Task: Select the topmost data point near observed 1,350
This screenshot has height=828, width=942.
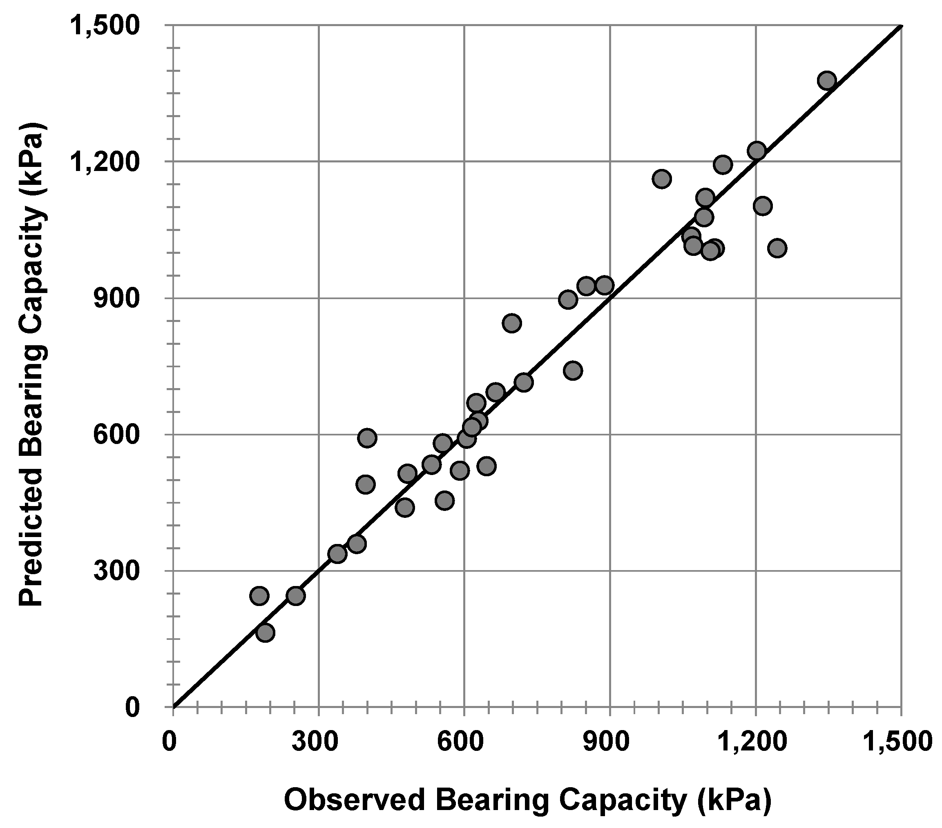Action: pos(827,80)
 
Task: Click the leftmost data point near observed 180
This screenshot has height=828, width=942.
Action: pos(259,596)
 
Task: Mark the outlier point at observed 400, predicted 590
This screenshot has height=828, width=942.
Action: pos(367,437)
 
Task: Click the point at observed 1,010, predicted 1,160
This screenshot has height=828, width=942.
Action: pos(661,179)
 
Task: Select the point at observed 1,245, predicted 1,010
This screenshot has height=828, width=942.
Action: pos(777,248)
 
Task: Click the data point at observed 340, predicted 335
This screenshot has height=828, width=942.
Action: pos(337,553)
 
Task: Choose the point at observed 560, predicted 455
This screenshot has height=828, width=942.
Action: pos(445,500)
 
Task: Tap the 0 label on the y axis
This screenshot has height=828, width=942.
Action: pos(133,706)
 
